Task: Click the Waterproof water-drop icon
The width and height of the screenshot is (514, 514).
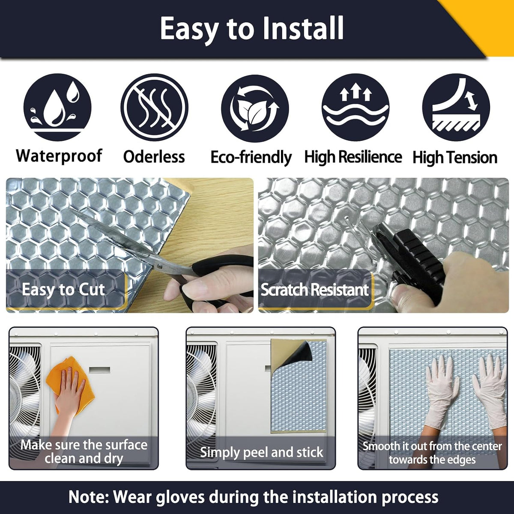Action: (x=57, y=107)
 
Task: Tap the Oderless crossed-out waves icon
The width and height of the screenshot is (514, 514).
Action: (x=155, y=107)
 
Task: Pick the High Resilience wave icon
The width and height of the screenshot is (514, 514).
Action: (x=355, y=107)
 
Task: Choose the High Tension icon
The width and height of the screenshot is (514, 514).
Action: (x=456, y=107)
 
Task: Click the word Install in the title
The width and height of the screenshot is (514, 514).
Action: (x=303, y=29)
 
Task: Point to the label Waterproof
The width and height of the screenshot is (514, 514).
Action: (x=59, y=156)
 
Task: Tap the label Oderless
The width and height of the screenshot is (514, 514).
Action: (x=154, y=157)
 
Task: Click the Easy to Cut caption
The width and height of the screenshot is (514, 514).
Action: (x=63, y=290)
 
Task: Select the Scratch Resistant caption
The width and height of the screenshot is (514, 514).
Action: (x=314, y=290)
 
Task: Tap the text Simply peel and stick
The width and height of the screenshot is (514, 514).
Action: (x=261, y=452)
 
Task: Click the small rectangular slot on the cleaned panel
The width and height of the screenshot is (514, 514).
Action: (x=99, y=370)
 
